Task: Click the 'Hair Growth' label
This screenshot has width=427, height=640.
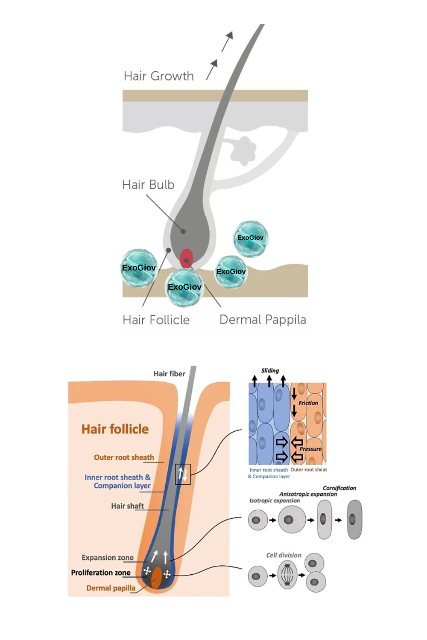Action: coord(158,76)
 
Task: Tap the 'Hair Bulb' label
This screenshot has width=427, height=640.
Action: coord(148,185)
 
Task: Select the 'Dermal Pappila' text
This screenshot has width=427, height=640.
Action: coord(263,320)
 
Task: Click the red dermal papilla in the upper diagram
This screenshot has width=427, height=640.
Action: coord(186,259)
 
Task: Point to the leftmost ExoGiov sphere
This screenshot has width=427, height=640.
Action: coord(139,268)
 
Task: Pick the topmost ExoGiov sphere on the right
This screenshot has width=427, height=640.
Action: coord(251,238)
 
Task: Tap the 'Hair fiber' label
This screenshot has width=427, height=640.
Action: coord(169,374)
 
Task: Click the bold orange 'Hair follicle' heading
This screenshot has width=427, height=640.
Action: coord(115,429)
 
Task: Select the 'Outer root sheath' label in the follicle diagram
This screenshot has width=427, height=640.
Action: coord(124,457)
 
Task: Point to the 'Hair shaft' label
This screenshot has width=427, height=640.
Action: coord(127,506)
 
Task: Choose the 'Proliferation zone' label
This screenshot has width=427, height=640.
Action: coord(101,573)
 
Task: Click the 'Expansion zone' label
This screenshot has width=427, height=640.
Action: coord(108,558)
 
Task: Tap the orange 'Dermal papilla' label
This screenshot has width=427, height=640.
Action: coord(111,588)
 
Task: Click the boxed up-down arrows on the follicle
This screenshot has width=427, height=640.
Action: coord(183,474)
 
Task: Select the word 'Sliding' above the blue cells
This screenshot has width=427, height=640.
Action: coord(270,371)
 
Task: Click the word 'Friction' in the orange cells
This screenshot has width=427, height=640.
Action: coord(308,403)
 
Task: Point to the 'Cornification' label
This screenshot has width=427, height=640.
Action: coord(339,488)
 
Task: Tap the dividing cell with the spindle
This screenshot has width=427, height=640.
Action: coord(287,575)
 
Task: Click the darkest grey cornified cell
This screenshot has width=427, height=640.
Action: coord(354,519)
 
